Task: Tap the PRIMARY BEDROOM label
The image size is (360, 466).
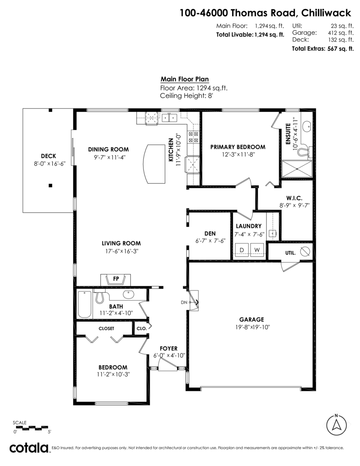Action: point(238,147)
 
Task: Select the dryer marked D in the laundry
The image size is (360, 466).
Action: point(242,249)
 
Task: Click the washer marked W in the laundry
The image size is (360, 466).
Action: point(257,249)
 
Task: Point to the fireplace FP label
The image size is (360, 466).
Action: point(116,279)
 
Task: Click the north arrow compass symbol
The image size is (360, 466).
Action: point(336,425)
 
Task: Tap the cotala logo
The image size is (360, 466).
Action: point(29,448)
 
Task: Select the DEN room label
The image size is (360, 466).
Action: point(210,233)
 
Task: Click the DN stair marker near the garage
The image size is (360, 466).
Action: point(184,302)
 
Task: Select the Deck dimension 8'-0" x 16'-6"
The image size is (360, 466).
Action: point(49,164)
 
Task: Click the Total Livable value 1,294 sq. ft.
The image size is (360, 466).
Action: point(269,35)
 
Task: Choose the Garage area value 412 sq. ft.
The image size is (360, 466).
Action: point(341,33)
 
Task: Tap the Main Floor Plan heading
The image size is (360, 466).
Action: point(184,79)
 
